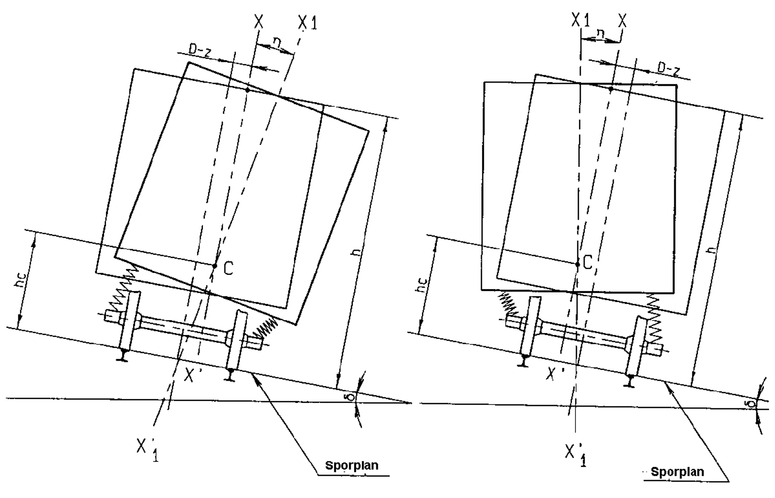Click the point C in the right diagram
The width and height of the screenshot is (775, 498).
[577, 264]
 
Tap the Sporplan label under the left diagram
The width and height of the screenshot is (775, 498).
[351, 466]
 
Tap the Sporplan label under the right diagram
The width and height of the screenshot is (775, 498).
[677, 472]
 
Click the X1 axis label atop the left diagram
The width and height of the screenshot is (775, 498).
[308, 23]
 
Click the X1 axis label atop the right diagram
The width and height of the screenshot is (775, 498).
[580, 20]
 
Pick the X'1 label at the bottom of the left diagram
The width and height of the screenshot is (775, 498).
[147, 449]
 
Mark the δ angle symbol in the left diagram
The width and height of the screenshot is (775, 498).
[352, 396]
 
